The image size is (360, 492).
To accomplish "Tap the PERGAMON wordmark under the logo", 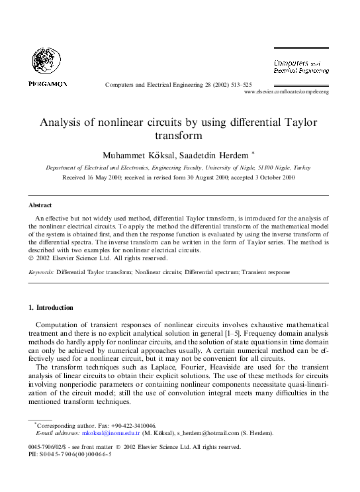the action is (x=48, y=83).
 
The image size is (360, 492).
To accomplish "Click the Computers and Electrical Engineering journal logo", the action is (x=301, y=66).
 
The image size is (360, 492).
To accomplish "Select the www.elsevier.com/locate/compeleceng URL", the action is (x=287, y=92).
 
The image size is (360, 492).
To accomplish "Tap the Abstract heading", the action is (x=40, y=205).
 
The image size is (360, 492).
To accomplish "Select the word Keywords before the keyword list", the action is (x=40, y=272).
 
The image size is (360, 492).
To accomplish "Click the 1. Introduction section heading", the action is (x=51, y=308).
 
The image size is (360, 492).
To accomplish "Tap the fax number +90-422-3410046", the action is (x=136, y=425).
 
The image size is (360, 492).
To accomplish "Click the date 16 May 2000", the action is (x=114, y=178).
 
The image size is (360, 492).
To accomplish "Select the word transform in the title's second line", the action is (x=179, y=136).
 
